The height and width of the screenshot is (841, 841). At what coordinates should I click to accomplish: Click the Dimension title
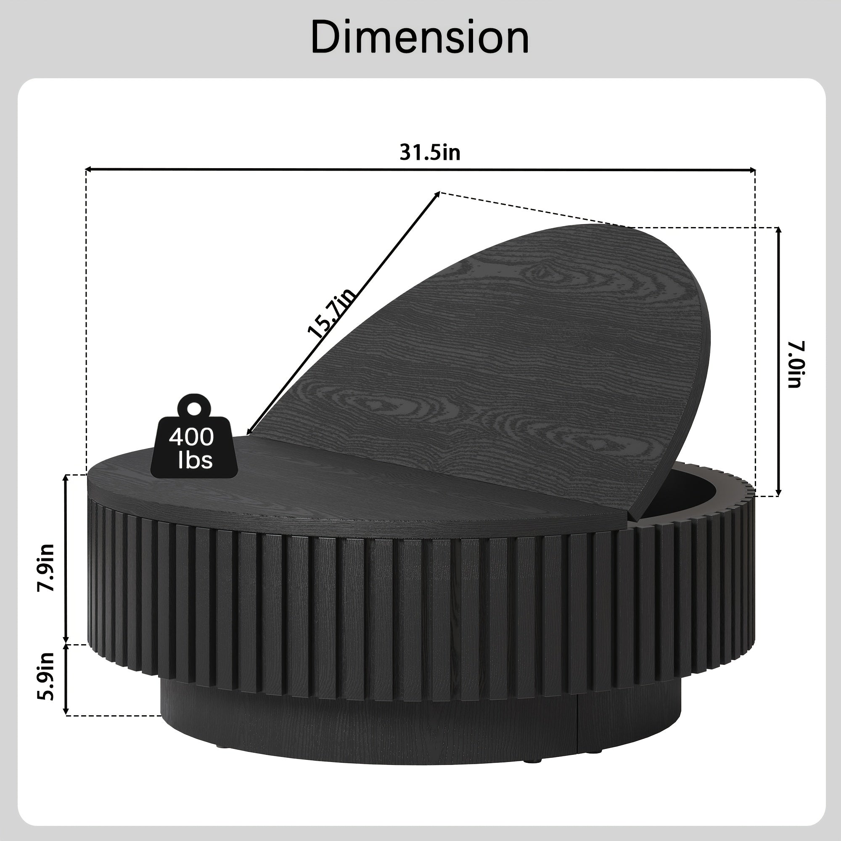coord(420,37)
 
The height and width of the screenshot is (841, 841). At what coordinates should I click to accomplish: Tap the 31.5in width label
coord(430,152)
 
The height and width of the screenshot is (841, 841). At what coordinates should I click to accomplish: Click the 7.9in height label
coord(46,568)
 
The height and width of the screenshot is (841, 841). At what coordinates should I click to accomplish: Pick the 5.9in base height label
coord(46,677)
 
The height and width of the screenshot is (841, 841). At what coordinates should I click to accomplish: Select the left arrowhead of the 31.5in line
coord(88,169)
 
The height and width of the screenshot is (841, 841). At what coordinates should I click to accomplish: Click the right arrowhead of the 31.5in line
coord(752,170)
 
